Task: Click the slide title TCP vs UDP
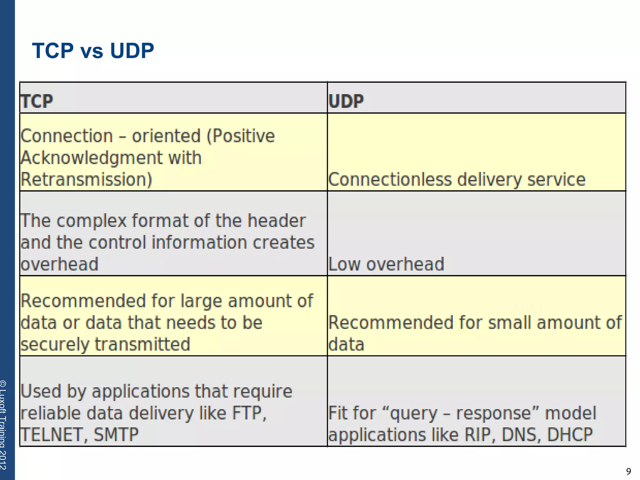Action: point(93,51)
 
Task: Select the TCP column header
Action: point(37,101)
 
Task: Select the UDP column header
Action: point(346,101)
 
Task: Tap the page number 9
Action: point(628,471)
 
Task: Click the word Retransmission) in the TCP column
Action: point(86,180)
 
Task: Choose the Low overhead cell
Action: point(386,264)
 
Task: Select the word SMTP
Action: point(116,435)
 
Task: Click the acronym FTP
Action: point(248,413)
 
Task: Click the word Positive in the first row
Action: point(244,136)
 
